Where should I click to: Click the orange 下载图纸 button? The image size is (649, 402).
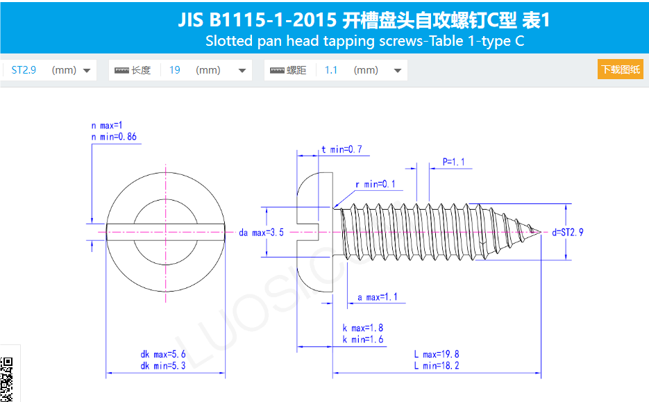point(620,69)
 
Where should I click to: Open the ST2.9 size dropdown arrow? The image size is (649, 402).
point(87,70)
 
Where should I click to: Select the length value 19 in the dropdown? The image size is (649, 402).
point(175,70)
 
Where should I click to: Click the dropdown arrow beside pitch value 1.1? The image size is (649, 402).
point(398,70)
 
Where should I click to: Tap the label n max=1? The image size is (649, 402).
point(107,126)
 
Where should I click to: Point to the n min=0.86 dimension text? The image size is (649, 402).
point(114,137)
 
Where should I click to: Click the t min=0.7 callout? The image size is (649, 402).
point(341,149)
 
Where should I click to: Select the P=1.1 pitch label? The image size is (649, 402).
point(453,162)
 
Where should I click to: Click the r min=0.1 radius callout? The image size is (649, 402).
point(375,184)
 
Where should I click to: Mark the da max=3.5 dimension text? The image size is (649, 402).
point(262,233)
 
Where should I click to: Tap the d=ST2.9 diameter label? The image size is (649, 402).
point(568,232)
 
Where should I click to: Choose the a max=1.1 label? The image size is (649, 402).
point(378,297)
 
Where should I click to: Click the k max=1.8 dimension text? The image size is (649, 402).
point(362,328)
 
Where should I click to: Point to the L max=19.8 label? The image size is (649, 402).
point(437,355)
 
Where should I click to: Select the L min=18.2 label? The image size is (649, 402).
point(437,365)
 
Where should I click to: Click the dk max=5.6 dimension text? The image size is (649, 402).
point(163,355)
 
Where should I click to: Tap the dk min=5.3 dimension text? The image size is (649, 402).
point(163,365)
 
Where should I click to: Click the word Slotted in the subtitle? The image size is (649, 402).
point(229,40)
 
